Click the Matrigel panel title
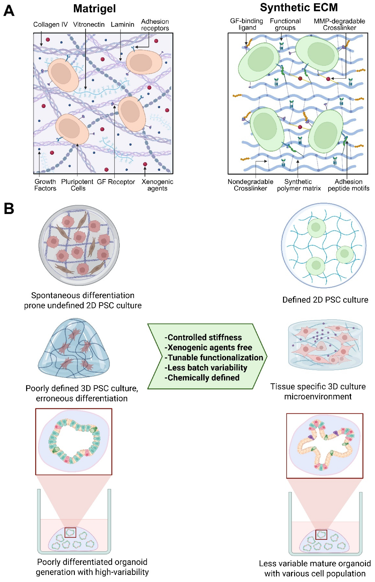point(95,9)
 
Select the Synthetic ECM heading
point(299,8)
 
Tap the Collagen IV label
point(50,24)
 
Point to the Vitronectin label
point(89,24)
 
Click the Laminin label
point(122,24)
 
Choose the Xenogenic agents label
point(157,185)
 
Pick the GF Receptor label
point(116,182)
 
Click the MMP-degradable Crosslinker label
point(339,24)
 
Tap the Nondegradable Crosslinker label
point(250,185)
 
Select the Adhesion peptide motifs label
point(348,185)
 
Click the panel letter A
point(9,11)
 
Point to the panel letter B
point(9,208)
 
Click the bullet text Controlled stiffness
point(203,337)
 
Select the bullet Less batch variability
point(206,367)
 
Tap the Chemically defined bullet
point(202,378)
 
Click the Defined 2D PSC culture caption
point(325,300)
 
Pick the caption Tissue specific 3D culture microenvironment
point(318,391)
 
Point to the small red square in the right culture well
point(321,535)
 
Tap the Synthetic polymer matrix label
point(299,185)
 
